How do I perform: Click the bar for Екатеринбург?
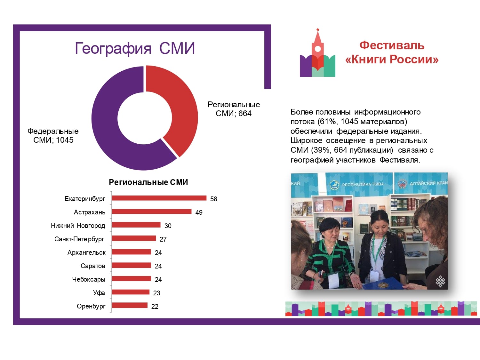tap(159, 198)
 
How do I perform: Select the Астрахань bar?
tap(152, 212)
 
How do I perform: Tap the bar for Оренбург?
tap(130, 305)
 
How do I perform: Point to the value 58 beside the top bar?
tap(214, 199)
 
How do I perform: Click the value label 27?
tap(163, 239)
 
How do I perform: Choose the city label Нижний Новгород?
tap(78, 226)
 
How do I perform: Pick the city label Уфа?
tap(99, 293)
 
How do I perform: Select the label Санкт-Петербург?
tap(79, 239)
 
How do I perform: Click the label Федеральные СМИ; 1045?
tap(53, 135)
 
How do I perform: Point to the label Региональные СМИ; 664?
tap(234, 109)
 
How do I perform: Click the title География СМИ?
tap(135, 48)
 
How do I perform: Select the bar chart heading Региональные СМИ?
tap(148, 182)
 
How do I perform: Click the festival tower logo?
tap(317, 53)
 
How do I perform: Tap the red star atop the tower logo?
tap(318, 29)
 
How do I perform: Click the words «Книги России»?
tap(392, 60)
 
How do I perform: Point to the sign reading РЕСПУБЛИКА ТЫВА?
tap(363, 185)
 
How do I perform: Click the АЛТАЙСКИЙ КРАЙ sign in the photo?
tap(428, 183)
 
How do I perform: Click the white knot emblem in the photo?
tap(440, 281)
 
